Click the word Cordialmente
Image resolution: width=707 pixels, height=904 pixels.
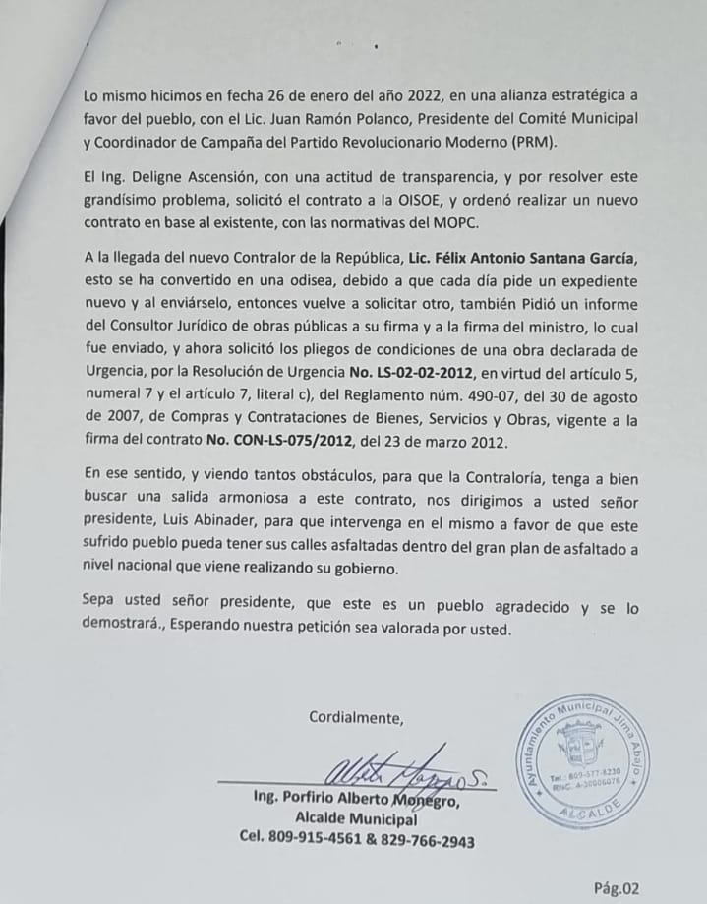point(355,717)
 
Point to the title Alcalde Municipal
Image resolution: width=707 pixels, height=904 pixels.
point(355,819)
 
